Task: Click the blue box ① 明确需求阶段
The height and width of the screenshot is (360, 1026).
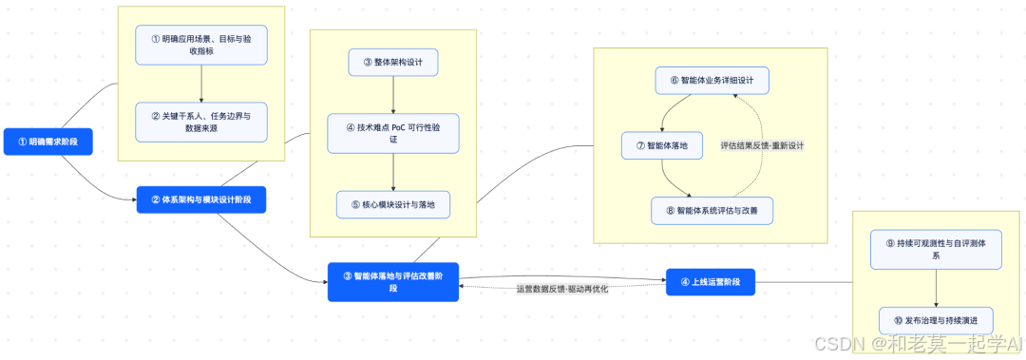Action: point(47,142)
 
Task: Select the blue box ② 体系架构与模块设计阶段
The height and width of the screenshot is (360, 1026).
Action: point(200,200)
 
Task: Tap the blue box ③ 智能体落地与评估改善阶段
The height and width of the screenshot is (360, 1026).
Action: point(393,282)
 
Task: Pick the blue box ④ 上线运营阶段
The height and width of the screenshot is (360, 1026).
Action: point(710,282)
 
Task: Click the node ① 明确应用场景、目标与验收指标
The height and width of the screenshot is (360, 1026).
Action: point(201,45)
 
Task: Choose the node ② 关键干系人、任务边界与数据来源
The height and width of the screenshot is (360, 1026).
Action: point(201,122)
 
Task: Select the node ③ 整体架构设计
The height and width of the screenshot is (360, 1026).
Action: point(393,63)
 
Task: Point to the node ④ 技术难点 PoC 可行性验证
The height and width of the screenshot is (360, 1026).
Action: point(393,133)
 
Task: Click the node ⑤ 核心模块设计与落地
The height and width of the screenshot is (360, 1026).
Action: point(393,204)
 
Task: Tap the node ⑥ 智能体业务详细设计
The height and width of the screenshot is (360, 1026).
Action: point(712,81)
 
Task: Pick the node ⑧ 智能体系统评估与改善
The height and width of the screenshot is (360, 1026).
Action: point(712,211)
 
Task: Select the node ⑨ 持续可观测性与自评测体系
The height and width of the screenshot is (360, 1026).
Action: point(938,249)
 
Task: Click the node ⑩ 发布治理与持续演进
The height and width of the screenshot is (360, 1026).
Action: point(938,320)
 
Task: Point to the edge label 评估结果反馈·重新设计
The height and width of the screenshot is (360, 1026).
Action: point(763,145)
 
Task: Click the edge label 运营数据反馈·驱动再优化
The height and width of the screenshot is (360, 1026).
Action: point(562,289)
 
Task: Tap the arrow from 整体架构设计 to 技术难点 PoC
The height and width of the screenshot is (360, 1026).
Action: point(393,95)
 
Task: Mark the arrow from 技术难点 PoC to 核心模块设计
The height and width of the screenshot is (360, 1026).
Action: point(393,171)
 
